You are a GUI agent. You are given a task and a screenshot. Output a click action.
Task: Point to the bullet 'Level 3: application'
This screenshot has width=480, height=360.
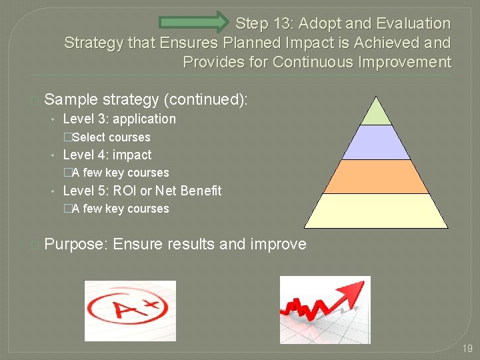[119, 119]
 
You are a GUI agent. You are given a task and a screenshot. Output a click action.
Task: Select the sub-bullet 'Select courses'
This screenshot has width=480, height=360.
[111, 137]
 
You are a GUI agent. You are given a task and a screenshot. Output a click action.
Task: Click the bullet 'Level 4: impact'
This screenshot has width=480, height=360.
[107, 155]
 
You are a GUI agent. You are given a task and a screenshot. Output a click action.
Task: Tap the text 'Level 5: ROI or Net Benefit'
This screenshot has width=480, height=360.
[141, 191]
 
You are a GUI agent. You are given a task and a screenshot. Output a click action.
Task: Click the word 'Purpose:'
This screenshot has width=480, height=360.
[75, 244]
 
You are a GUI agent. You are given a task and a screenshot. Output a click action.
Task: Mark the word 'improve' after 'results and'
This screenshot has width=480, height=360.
[278, 244]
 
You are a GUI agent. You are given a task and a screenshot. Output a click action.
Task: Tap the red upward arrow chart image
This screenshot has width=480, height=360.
[325, 309]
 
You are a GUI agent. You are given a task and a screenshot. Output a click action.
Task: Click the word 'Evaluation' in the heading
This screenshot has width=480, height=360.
[413, 23]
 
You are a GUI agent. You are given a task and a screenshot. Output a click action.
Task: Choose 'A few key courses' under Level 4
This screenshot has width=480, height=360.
[120, 173]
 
